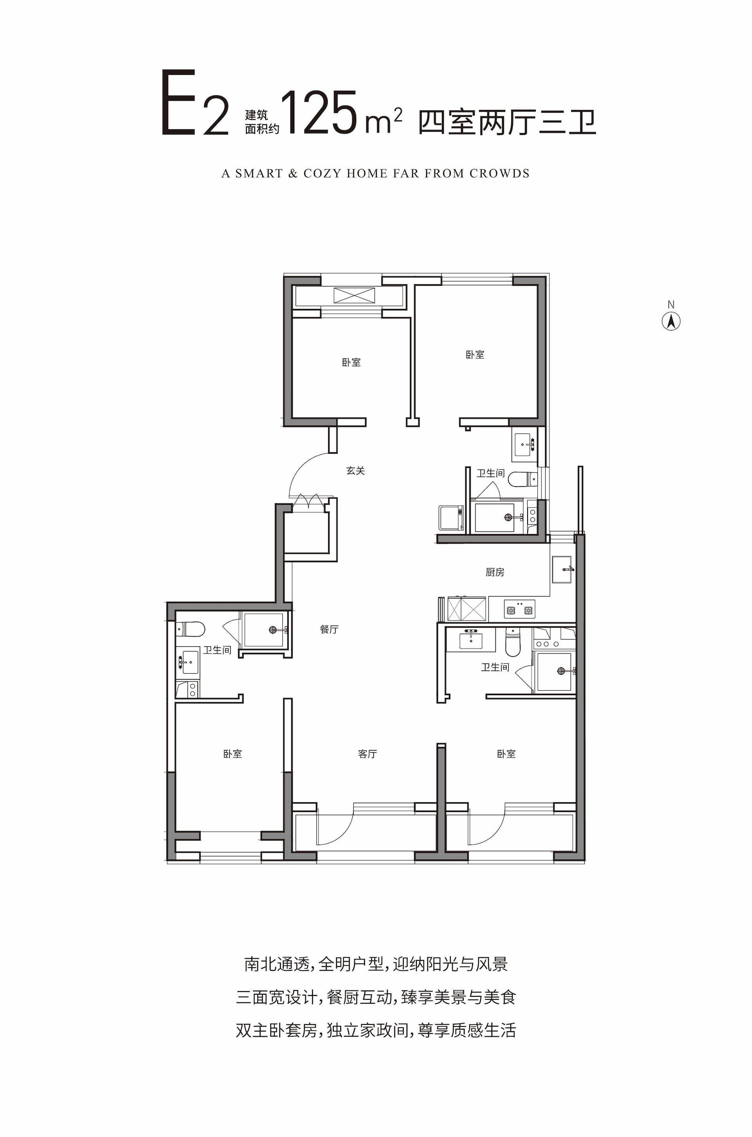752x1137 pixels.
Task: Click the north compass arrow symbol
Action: [x=671, y=321]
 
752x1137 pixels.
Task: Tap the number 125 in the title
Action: [x=319, y=112]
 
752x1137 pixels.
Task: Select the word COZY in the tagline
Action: [x=322, y=173]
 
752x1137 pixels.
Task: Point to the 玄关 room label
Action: [x=355, y=471]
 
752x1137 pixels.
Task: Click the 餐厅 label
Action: [x=329, y=629]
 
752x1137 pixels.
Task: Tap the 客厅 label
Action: [x=367, y=754]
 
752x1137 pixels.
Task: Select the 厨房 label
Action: [x=495, y=572]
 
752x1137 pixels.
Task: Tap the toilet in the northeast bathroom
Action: [x=522, y=479]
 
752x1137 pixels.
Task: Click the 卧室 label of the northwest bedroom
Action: [x=352, y=363]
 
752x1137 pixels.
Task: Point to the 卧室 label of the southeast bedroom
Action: [x=506, y=754]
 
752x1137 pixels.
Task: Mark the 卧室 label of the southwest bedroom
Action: [x=233, y=754]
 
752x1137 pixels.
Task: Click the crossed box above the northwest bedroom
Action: [x=354, y=295]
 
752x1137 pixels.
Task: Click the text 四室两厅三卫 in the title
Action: [x=507, y=122]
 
